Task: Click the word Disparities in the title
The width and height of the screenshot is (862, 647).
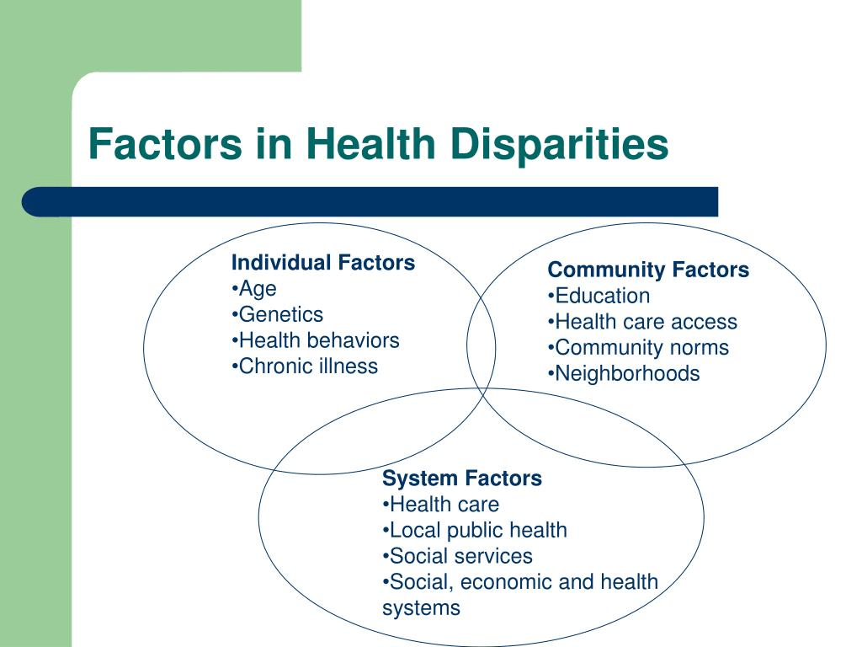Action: (559, 145)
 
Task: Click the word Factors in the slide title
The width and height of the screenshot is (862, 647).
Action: (165, 144)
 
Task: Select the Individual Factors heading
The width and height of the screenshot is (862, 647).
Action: (323, 263)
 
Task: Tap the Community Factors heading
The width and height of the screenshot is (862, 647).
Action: (648, 270)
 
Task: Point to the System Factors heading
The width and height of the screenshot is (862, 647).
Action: (462, 479)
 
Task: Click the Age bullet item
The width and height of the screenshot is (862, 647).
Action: (254, 289)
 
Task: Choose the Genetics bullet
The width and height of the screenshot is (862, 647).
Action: (278, 314)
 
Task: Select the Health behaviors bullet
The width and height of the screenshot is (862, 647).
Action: (316, 340)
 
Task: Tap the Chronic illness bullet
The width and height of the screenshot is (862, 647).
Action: (305, 366)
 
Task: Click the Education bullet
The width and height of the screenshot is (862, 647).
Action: (599, 296)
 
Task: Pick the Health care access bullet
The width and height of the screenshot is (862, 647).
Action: (642, 322)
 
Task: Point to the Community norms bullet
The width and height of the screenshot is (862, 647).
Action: (638, 348)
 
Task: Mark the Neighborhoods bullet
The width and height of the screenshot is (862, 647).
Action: (624, 373)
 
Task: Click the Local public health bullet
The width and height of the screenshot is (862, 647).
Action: (475, 531)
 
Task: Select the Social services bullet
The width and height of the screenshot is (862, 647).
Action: (457, 556)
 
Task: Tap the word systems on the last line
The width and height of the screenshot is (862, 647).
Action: (421, 608)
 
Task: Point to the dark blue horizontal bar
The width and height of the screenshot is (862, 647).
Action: (370, 202)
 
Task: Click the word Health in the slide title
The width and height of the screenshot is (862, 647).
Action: (371, 144)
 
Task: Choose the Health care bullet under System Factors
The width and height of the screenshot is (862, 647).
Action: (440, 505)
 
